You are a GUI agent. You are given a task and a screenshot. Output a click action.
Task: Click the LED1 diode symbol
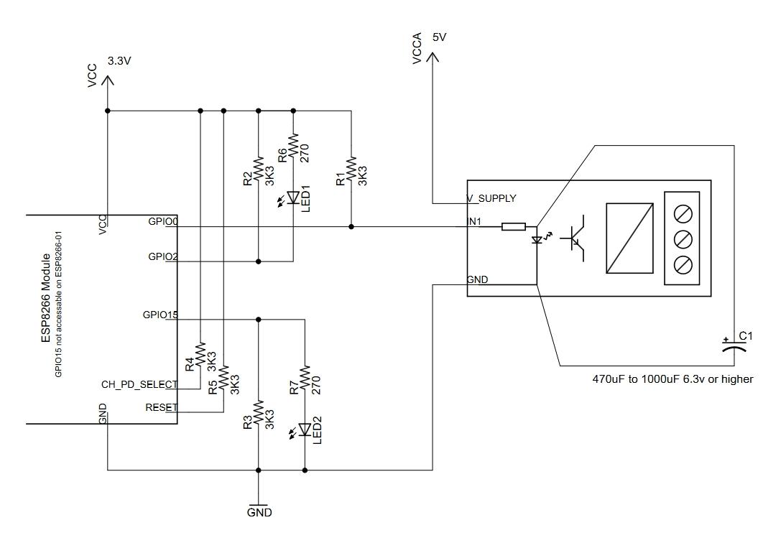(x=293, y=197)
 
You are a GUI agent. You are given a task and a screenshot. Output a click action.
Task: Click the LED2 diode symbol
(x=305, y=430)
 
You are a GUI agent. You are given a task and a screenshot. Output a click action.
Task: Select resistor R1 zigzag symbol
(x=351, y=170)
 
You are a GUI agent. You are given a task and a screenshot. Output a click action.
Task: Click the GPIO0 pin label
(x=162, y=221)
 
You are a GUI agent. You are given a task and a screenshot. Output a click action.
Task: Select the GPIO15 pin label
(x=159, y=315)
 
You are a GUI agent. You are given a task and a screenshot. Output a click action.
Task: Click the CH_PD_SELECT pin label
(x=139, y=384)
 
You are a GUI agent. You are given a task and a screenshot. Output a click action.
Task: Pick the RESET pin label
(x=161, y=407)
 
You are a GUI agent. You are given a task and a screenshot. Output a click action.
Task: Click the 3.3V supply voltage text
(x=119, y=61)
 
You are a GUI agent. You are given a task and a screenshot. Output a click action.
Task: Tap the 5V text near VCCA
(x=439, y=37)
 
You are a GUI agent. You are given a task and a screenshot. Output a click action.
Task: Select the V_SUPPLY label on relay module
(x=491, y=198)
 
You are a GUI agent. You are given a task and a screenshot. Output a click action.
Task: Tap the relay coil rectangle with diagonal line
(x=629, y=238)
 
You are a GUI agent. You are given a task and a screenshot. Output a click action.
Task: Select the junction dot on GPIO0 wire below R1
(x=351, y=226)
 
